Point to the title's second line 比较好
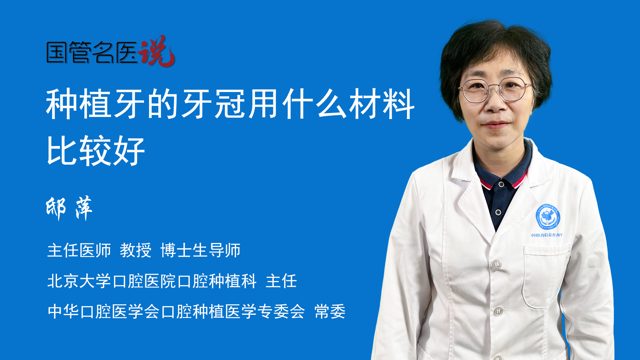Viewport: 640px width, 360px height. click(x=96, y=151)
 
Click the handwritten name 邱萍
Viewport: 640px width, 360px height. click(x=69, y=208)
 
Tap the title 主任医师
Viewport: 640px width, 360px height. click(x=79, y=250)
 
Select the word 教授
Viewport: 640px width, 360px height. click(x=136, y=250)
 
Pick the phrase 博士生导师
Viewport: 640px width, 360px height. click(x=200, y=250)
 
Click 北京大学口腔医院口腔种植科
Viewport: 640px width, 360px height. click(x=152, y=281)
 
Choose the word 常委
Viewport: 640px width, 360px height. click(x=330, y=311)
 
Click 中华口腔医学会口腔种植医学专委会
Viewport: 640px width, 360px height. click(x=176, y=311)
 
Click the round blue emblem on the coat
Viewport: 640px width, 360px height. click(x=548, y=217)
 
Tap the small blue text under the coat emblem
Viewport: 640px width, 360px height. click(x=546, y=235)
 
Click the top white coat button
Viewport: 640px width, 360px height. click(x=496, y=264)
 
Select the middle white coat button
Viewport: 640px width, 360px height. click(x=498, y=311)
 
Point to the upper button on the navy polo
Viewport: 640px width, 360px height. click(x=501, y=184)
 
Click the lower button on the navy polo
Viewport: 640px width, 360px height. click(x=498, y=212)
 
